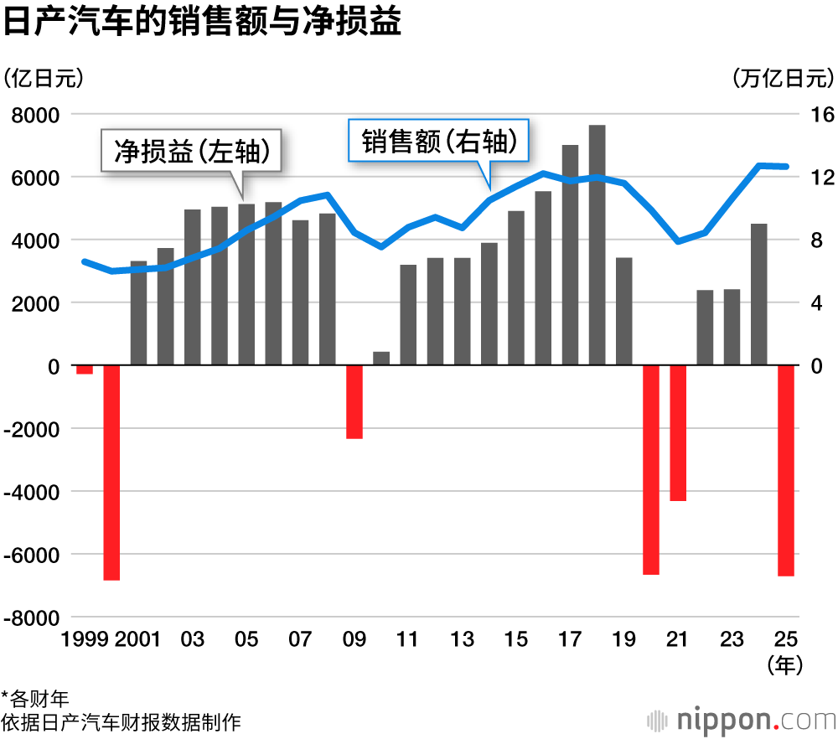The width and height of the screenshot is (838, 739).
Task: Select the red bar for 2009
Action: point(354,401)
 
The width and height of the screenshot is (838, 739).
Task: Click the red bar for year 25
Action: point(785,470)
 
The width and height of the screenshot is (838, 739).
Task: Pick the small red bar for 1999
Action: point(85,369)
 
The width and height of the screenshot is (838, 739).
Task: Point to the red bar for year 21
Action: point(678,432)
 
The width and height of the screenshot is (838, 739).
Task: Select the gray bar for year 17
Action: point(570,255)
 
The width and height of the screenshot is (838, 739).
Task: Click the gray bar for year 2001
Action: point(139,313)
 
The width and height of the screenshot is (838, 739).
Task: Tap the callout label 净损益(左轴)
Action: point(191,151)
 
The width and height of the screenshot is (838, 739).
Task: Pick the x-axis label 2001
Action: point(138,639)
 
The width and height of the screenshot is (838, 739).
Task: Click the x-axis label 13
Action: point(462,639)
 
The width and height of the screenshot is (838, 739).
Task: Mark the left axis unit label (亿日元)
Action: point(44,78)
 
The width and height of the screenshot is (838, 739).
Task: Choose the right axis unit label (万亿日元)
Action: point(783,78)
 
